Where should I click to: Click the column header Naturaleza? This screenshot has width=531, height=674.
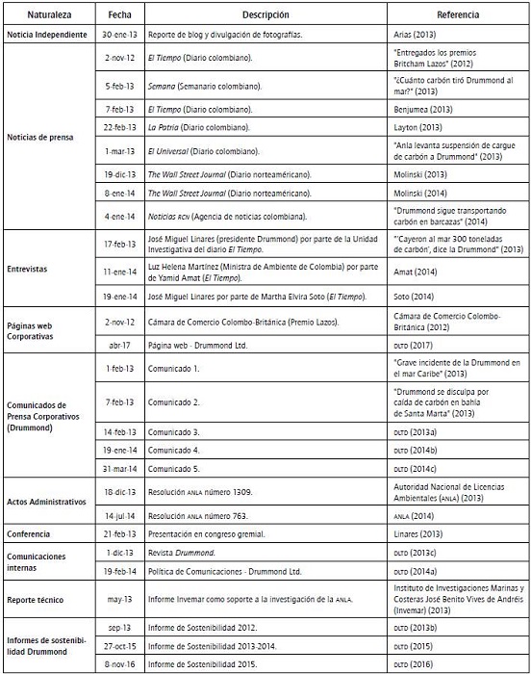tap(47, 16)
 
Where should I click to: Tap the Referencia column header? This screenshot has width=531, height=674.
tap(459, 16)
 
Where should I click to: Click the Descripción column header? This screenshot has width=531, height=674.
tap(265, 16)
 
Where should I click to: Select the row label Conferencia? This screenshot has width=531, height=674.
tap(29, 532)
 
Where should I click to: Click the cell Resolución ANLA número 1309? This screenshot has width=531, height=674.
tap(200, 491)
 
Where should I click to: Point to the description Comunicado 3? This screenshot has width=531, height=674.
tap(174, 433)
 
